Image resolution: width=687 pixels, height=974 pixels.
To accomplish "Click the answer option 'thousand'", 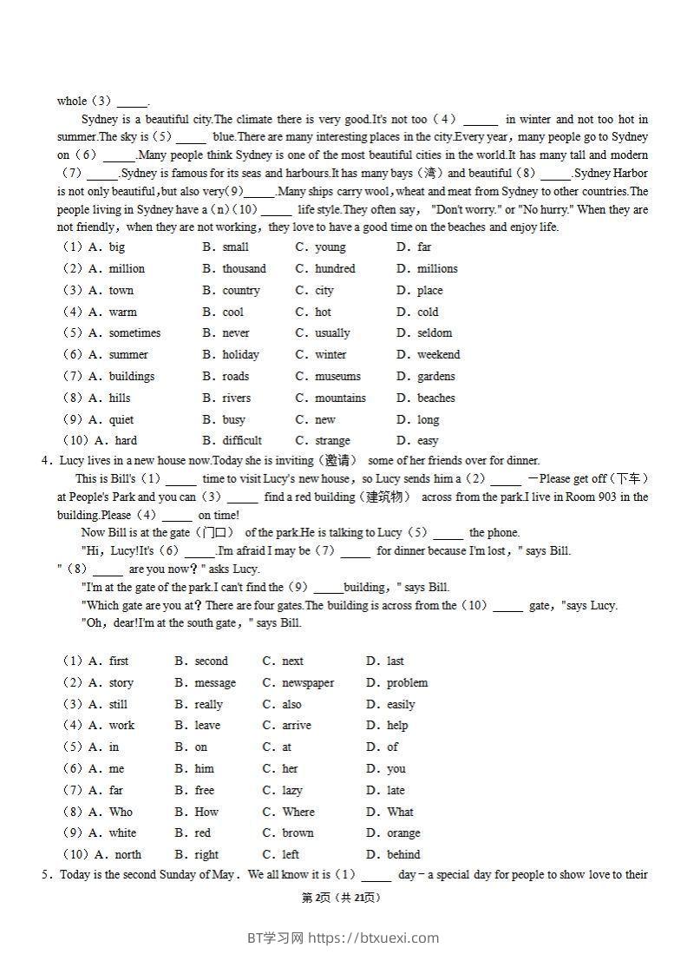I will point(244,269).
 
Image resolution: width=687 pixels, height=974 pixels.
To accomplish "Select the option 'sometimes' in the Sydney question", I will point(134,333).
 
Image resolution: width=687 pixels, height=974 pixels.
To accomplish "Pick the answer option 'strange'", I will point(332,441).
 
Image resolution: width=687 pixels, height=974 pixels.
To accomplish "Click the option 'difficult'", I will point(242,441).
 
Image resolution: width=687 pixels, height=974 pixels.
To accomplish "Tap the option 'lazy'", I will point(292,791).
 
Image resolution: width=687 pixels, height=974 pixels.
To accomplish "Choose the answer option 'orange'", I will point(403,833).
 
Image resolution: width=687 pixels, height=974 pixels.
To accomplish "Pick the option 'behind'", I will point(403,855).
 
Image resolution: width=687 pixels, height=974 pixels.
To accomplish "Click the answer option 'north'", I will point(128,855).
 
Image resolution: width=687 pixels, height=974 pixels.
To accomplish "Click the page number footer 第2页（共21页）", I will point(341,898).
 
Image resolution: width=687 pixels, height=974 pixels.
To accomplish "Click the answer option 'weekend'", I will point(438,355).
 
